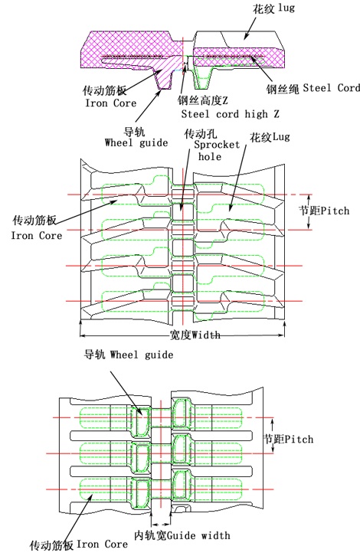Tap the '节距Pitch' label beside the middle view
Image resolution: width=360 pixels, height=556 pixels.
(x=322, y=209)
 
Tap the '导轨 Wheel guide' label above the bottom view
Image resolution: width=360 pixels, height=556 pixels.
(x=128, y=355)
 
